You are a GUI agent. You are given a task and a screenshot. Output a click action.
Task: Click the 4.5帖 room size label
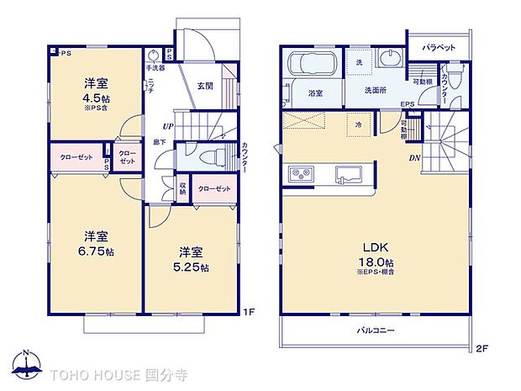(x=94, y=96)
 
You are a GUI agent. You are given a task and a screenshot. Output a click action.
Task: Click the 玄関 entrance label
(x=204, y=85)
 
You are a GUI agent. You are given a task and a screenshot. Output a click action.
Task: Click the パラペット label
(x=438, y=47)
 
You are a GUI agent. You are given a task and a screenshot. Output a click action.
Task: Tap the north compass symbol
(x=26, y=362)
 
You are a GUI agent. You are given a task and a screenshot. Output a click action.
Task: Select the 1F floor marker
(x=248, y=313)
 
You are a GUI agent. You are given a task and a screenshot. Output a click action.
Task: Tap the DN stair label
(x=414, y=157)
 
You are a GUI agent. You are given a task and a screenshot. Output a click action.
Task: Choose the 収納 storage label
(x=182, y=188)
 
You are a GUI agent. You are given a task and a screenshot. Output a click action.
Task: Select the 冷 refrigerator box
(x=358, y=124)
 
